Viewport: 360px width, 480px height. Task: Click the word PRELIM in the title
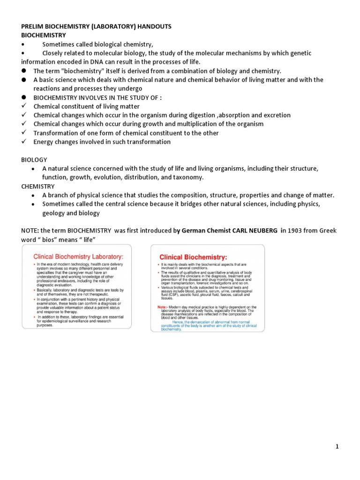coord(32,26)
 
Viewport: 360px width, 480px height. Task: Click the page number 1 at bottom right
coord(337,447)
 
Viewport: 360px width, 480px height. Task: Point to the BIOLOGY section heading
coord(34,159)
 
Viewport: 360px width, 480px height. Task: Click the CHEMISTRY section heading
coord(38,186)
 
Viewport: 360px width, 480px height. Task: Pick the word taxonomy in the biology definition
coord(187,177)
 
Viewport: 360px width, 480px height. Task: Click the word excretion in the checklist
coord(273,115)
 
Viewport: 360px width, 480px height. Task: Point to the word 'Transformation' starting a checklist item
coord(55,133)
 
